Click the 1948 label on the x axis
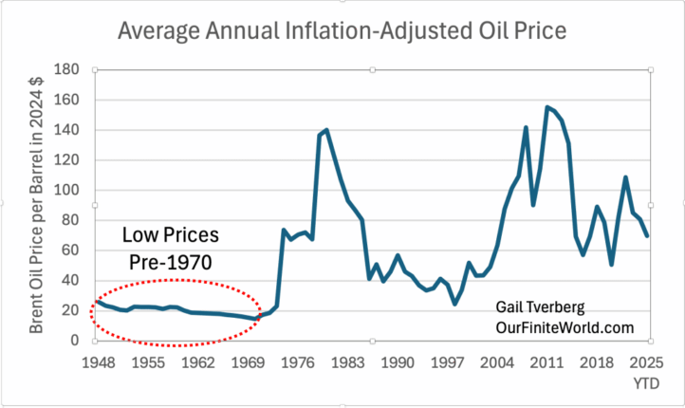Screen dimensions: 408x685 pyautogui.click(x=98, y=362)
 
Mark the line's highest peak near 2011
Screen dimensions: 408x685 pyautogui.click(x=547, y=107)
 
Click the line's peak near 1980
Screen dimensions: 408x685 pyautogui.click(x=326, y=130)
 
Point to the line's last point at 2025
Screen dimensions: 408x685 pyautogui.click(x=648, y=235)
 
